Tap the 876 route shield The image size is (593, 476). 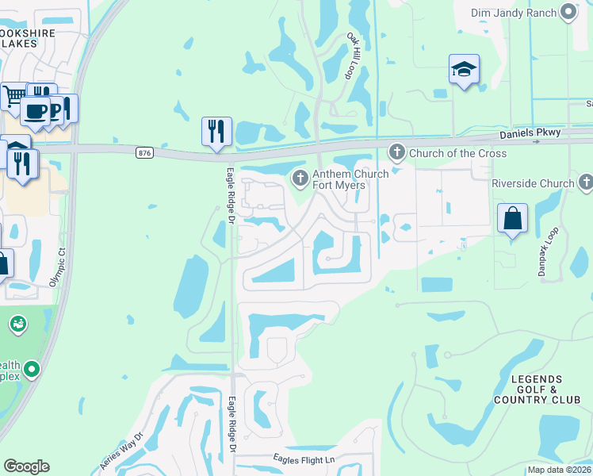click(x=144, y=154)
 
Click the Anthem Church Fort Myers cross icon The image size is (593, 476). click(x=300, y=178)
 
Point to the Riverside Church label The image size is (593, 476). click(x=533, y=183)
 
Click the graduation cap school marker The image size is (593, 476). click(x=464, y=70)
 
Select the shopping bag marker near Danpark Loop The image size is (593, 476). click(x=513, y=218)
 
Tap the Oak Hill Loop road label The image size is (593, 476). click(x=352, y=56)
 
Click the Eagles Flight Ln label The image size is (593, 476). click(x=304, y=459)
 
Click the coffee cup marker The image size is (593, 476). click(x=35, y=110)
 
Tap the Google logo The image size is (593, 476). click(x=26, y=466)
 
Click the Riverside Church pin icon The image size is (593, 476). click(x=586, y=183)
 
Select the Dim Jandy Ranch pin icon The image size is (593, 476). click(x=568, y=12)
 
